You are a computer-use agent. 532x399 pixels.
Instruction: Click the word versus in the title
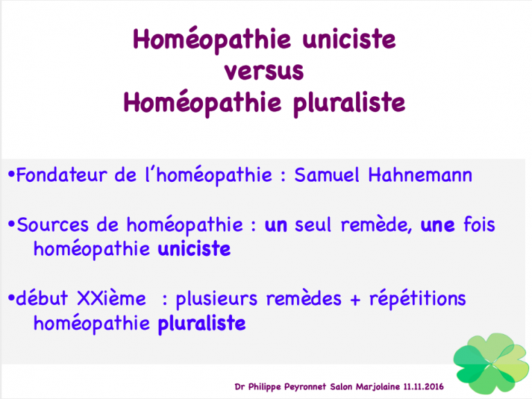tap(264, 71)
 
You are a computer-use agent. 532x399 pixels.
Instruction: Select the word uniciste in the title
tap(349, 39)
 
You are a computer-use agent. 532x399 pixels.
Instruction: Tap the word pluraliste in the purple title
tap(349, 103)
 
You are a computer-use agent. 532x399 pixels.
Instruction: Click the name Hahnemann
tap(420, 175)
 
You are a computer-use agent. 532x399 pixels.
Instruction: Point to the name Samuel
tap(326, 175)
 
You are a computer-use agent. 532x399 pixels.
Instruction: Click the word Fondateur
tap(62, 175)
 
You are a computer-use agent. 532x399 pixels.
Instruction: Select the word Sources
tap(53, 225)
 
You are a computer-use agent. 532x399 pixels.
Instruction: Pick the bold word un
tap(276, 225)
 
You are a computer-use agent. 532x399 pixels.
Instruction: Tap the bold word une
tap(438, 225)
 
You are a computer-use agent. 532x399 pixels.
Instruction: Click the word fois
tap(479, 224)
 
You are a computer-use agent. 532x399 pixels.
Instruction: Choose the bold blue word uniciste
tap(194, 249)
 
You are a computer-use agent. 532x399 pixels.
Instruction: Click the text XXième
tap(112, 299)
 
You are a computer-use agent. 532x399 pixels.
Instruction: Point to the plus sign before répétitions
tap(355, 299)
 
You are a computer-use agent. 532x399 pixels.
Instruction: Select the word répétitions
tap(418, 299)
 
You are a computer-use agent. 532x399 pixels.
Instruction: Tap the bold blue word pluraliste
tap(202, 324)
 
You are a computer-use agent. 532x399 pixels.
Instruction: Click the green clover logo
tap(491, 364)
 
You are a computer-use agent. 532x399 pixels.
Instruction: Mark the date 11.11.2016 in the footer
tap(423, 387)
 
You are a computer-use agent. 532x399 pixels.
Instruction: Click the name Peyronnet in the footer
tap(305, 387)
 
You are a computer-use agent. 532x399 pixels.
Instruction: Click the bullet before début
tap(11, 299)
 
